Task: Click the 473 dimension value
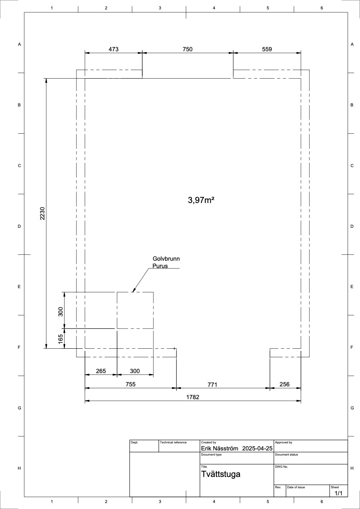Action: coord(113,49)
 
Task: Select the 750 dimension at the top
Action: coord(188,49)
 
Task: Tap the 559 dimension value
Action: coord(266,49)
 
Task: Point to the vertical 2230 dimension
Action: coord(42,213)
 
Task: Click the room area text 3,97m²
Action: coord(201,200)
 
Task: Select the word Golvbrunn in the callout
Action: coord(166,259)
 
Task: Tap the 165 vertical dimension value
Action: coord(60,338)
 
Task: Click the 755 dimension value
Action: coord(130,384)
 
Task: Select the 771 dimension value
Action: coord(212,385)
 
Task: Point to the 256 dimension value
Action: coord(284,384)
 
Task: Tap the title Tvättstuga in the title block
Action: coord(221,474)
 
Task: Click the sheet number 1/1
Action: coord(338,494)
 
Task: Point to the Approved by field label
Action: coord(283,442)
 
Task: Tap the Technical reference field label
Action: coord(173,442)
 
